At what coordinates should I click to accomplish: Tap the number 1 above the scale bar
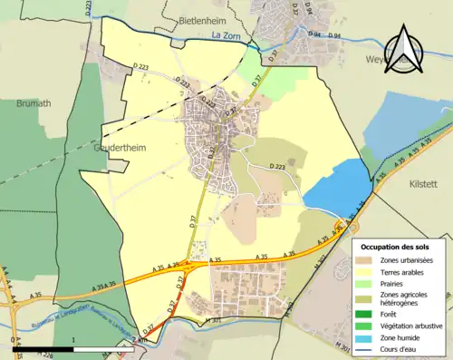point(73,342)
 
